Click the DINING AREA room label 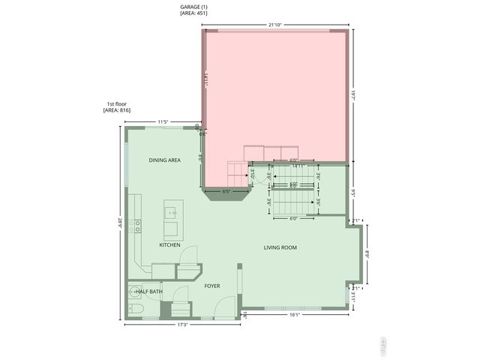pos(164,160)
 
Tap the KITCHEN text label pos(169,245)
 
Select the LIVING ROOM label pos(281,247)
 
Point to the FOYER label pos(211,286)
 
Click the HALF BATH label pos(148,292)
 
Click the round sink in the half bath pos(133,292)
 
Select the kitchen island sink pos(172,213)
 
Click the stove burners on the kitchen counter pos(137,224)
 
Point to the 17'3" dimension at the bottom pos(182,325)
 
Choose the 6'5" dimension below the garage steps pos(226,191)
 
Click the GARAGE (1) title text pos(194,7)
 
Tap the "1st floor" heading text pos(117,103)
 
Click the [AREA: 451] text pos(194,13)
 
